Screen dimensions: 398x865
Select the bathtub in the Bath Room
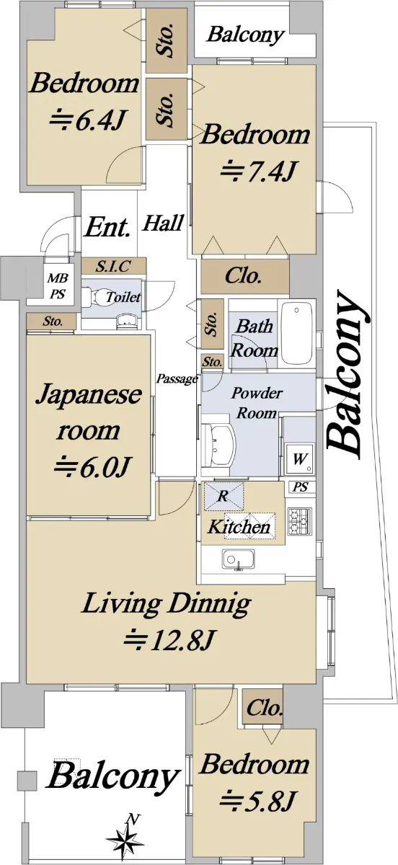(x=297, y=333)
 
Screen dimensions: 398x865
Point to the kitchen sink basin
(x=239, y=559)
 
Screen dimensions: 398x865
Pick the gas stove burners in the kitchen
(x=299, y=521)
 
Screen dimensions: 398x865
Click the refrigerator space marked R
(x=224, y=496)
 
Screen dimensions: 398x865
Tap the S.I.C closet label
(x=114, y=266)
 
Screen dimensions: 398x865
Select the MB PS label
(x=58, y=285)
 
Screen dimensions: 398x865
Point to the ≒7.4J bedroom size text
(x=258, y=171)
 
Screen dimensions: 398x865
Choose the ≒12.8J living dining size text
(x=169, y=640)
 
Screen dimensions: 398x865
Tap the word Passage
(x=177, y=379)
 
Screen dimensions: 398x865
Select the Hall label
(x=163, y=223)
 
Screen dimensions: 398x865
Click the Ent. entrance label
(x=107, y=228)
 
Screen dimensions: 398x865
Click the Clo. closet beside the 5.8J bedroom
(x=263, y=708)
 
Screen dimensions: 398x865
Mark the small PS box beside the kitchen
(x=301, y=487)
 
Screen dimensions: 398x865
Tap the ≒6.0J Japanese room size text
(x=93, y=466)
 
